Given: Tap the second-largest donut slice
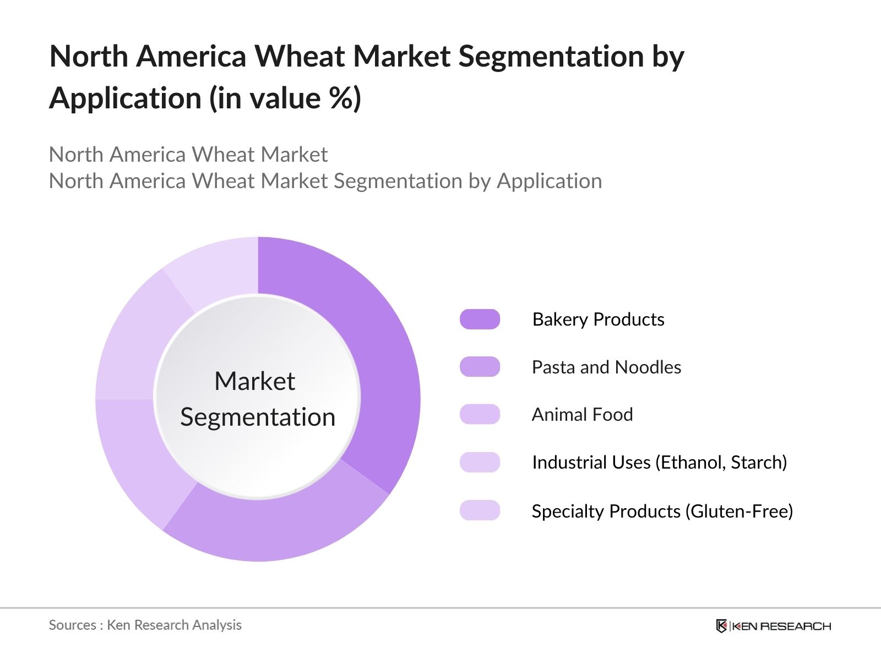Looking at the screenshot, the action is click(277, 525).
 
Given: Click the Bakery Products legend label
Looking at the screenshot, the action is click(598, 320).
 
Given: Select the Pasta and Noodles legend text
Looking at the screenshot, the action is click(606, 367).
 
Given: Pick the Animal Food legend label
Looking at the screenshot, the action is click(583, 414).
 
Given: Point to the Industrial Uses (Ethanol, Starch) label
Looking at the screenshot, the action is click(660, 463).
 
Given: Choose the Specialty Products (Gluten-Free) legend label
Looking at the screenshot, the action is click(662, 512).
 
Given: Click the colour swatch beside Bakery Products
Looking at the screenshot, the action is click(480, 320).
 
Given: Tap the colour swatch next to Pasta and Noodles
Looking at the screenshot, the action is click(480, 367).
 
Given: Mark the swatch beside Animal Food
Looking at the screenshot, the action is click(480, 414).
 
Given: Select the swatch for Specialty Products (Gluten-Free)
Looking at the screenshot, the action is click(480, 510).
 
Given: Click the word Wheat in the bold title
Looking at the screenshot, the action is click(300, 56).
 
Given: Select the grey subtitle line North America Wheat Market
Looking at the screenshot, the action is click(188, 155).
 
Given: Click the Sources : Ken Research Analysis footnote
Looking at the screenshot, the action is click(145, 625).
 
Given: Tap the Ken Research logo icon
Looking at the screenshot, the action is click(721, 626).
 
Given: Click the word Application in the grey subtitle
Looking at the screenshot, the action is click(550, 182).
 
